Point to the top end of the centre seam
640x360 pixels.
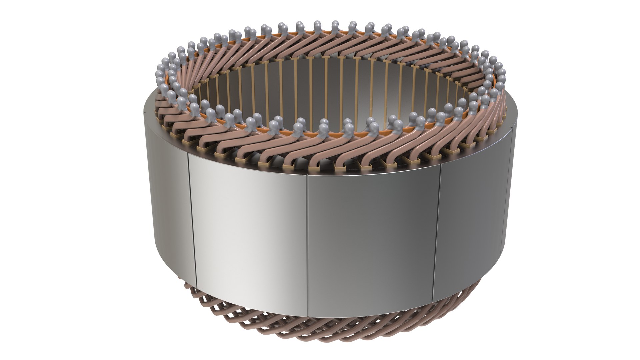tap(307, 176)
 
